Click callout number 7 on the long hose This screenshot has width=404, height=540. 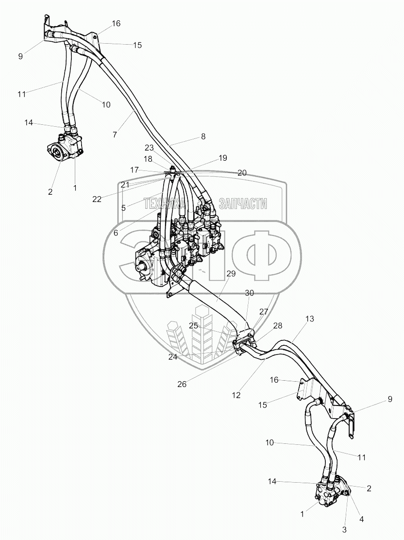coord(115,135)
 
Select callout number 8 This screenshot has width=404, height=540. coord(203,137)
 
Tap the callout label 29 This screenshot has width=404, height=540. coord(231,274)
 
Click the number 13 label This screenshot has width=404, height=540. coord(310,319)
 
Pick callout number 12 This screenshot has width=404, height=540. coord(236,395)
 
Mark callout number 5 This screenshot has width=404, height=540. coord(124,207)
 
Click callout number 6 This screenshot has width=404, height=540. coord(116,233)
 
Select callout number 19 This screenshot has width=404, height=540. coord(222,158)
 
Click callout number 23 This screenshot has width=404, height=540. coord(149,147)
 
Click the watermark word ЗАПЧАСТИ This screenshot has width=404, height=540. coord(243,204)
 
